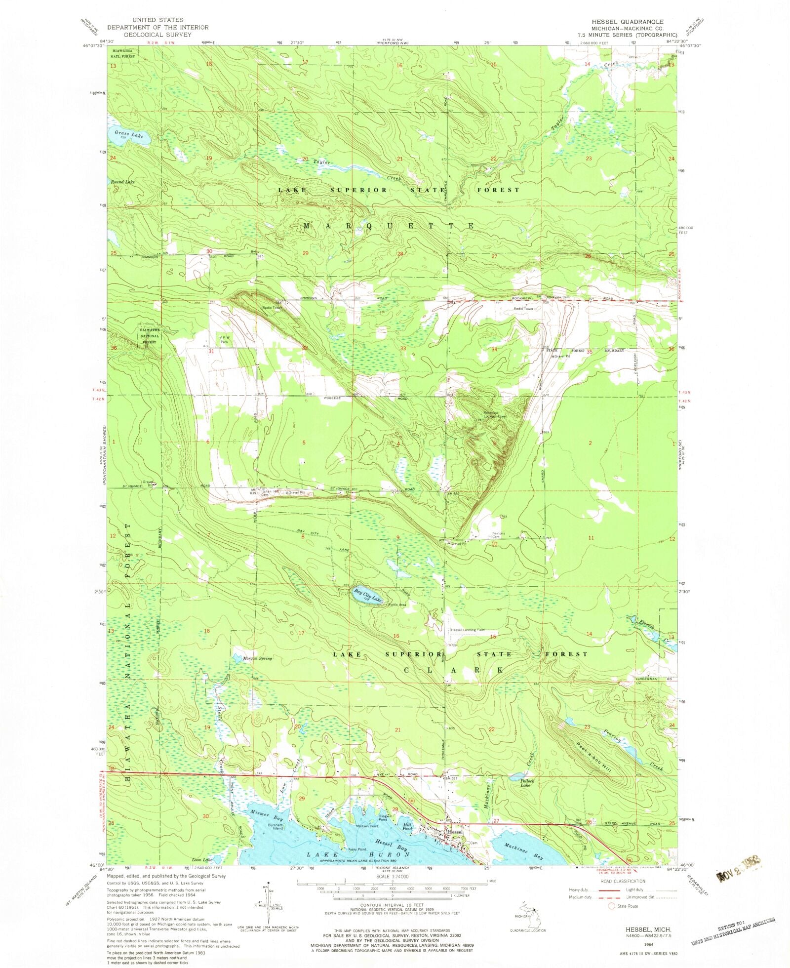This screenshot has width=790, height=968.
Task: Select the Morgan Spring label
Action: [258, 658]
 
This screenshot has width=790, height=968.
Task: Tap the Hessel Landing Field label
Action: [467, 630]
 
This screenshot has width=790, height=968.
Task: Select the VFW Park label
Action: [225, 340]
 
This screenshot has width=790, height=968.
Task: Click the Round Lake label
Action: [122, 182]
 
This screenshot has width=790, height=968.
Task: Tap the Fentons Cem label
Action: [499, 535]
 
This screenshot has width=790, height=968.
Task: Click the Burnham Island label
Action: [275, 827]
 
